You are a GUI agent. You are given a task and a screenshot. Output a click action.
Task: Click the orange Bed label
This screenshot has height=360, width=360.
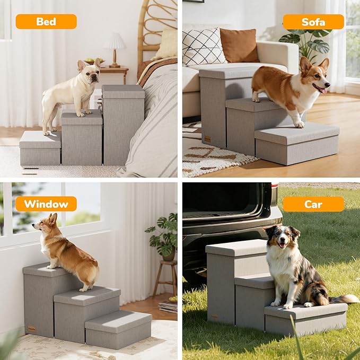point(46,22)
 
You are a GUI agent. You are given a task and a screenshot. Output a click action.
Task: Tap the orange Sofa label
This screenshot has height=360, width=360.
point(313,22)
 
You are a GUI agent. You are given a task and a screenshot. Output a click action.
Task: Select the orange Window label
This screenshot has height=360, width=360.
point(46,204)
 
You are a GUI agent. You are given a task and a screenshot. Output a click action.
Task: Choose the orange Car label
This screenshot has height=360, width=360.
point(313,204)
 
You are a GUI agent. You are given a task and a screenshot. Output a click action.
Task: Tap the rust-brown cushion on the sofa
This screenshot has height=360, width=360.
point(239,46)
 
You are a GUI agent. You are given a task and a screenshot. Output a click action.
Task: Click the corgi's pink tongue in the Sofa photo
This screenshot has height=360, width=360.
point(323,91)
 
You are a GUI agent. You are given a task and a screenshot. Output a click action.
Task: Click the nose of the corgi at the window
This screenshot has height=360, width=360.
point(33,225)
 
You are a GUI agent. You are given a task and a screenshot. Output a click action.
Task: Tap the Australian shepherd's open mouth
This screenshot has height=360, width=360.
point(282,245)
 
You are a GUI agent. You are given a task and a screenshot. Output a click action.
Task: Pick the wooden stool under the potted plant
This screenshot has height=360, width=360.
point(164,278)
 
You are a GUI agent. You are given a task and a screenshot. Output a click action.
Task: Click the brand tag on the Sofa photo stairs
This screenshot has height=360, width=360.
point(207,139)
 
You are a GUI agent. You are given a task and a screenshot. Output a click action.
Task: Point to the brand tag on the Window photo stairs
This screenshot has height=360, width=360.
point(32,329)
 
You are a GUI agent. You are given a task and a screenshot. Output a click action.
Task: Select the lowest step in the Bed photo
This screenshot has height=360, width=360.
point(40,148)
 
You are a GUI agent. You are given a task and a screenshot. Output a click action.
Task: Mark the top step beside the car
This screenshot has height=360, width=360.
point(236,247)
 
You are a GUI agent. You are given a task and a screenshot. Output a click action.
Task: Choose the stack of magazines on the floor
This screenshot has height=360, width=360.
point(168,307)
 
